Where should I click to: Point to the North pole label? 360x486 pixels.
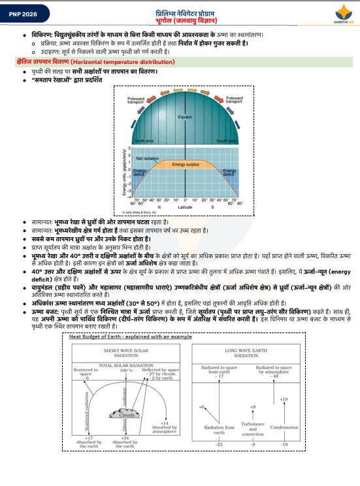[x=144, y=140]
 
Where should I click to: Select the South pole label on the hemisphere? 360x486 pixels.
[x=227, y=140]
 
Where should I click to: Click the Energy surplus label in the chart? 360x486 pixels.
[x=185, y=165]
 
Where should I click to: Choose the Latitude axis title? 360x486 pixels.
[x=185, y=207]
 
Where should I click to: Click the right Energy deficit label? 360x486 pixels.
[x=229, y=173]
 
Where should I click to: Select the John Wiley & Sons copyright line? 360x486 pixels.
[x=142, y=212]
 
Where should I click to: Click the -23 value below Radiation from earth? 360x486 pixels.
[x=220, y=444]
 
